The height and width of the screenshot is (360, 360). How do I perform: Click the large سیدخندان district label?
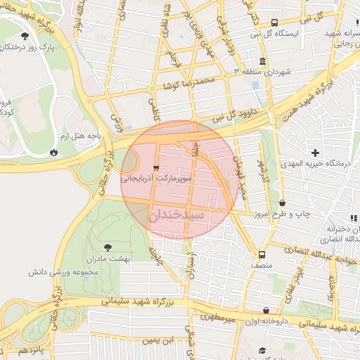(176, 214)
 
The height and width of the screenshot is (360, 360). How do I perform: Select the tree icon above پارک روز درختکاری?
(25, 35)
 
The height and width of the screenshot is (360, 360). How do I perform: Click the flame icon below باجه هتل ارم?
(54, 152)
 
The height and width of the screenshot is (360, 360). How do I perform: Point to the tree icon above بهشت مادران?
(108, 247)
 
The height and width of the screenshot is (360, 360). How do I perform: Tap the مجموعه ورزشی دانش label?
(67, 271)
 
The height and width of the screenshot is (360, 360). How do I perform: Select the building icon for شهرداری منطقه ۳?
(262, 61)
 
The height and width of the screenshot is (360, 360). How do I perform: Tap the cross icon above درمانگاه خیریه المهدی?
(315, 153)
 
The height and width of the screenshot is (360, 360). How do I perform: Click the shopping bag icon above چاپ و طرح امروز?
(282, 202)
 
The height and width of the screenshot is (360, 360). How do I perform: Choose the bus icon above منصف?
(262, 255)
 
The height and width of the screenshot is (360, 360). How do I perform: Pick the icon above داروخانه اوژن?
(266, 310)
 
